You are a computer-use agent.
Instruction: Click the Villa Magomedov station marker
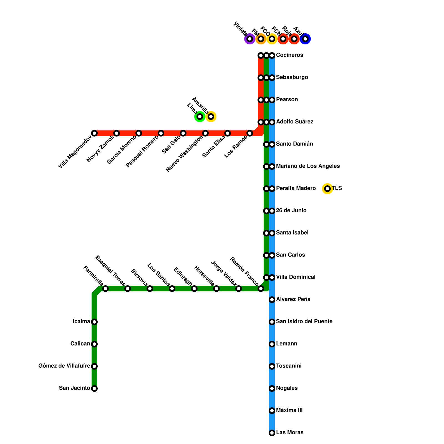[94, 133]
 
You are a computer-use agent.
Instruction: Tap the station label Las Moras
[290, 433]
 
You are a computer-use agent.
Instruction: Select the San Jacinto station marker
[94, 389]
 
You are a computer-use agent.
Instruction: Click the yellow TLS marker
[327, 189]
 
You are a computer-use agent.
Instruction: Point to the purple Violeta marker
[250, 39]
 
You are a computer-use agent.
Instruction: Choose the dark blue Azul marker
[305, 39]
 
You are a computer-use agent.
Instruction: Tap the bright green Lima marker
[200, 117]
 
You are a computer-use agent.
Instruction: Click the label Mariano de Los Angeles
[308, 166]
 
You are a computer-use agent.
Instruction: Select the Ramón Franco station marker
[261, 289]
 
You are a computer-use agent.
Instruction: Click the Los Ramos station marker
[250, 133]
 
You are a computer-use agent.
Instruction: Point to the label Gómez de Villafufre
[64, 366]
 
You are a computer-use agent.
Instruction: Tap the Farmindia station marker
[105, 289]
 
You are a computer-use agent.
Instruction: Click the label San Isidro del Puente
[304, 322]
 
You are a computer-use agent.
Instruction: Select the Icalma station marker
[94, 322]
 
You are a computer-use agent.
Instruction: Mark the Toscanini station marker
[272, 366]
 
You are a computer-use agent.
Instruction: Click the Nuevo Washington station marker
[205, 133]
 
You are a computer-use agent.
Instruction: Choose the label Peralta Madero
[296, 188]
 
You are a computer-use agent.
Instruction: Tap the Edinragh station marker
[194, 289]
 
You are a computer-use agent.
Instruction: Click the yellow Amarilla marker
[211, 117]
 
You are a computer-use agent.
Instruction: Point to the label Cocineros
[289, 55]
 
